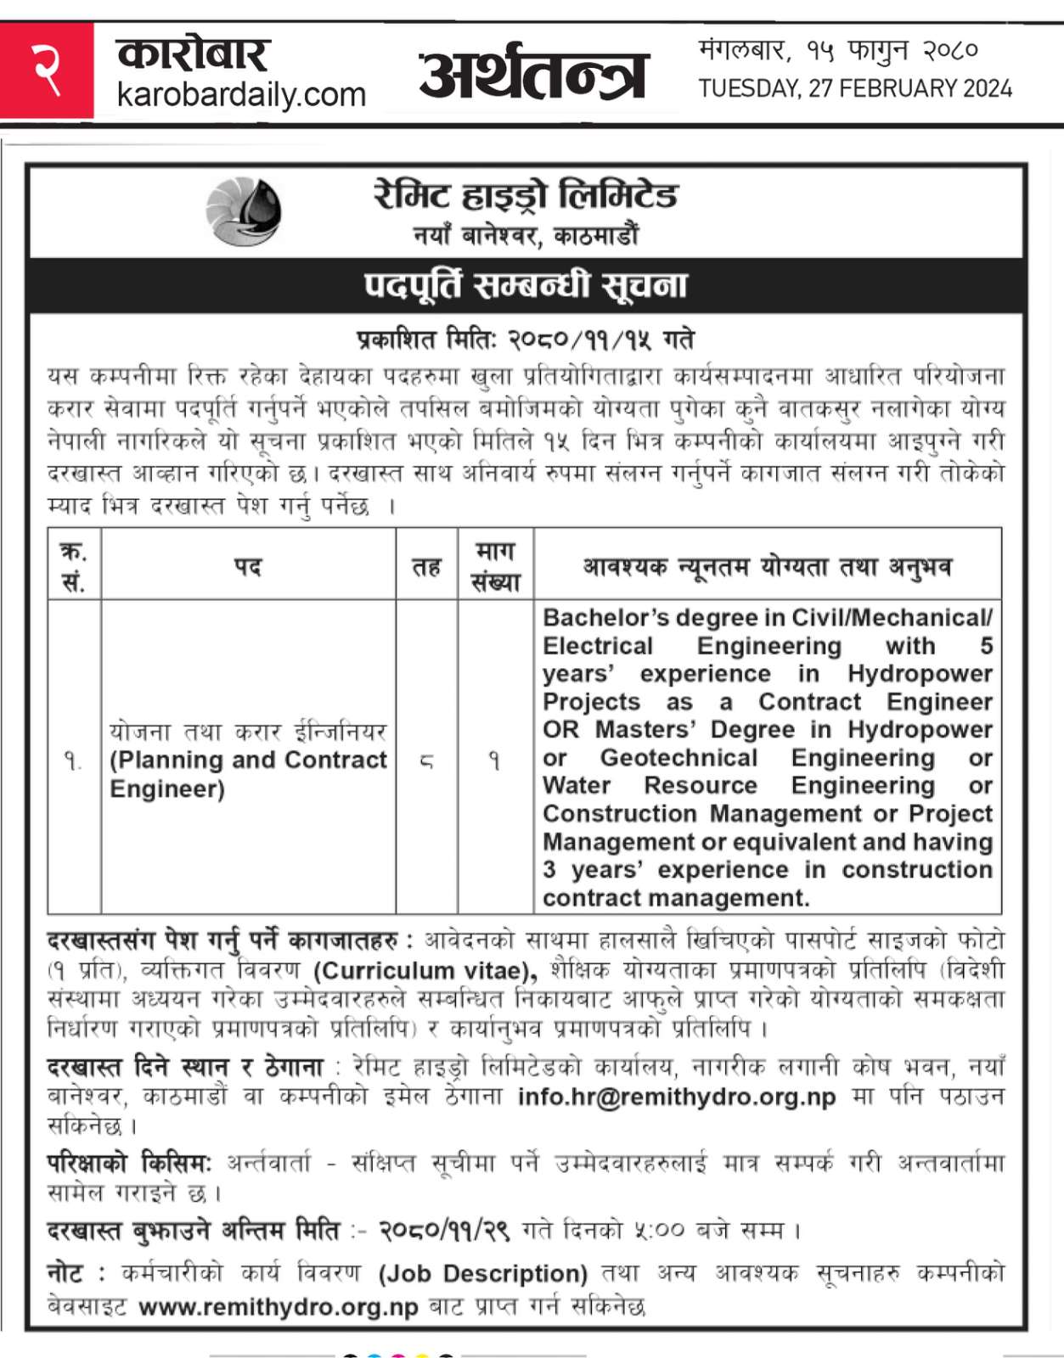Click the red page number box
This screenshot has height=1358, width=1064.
click(47, 71)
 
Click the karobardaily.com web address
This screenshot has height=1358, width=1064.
click(241, 94)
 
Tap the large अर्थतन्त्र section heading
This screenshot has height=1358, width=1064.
click(534, 75)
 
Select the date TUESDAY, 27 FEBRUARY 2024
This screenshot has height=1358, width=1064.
click(855, 88)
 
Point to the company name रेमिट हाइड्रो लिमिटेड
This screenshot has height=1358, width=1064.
click(526, 195)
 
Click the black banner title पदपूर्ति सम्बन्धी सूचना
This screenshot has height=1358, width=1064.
click(526, 286)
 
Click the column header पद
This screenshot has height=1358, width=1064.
click(248, 566)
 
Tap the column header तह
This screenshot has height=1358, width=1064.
click(426, 566)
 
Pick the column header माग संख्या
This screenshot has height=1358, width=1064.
click(495, 566)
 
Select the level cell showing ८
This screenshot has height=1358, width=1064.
click(426, 761)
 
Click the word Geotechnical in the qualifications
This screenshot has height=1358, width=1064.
click(678, 757)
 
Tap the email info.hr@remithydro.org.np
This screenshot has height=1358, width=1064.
click(677, 1097)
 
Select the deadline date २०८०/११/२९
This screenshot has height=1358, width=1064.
click(444, 1230)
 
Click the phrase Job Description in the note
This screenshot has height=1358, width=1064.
click(483, 1274)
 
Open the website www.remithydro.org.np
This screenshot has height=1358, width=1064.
click(279, 1306)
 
